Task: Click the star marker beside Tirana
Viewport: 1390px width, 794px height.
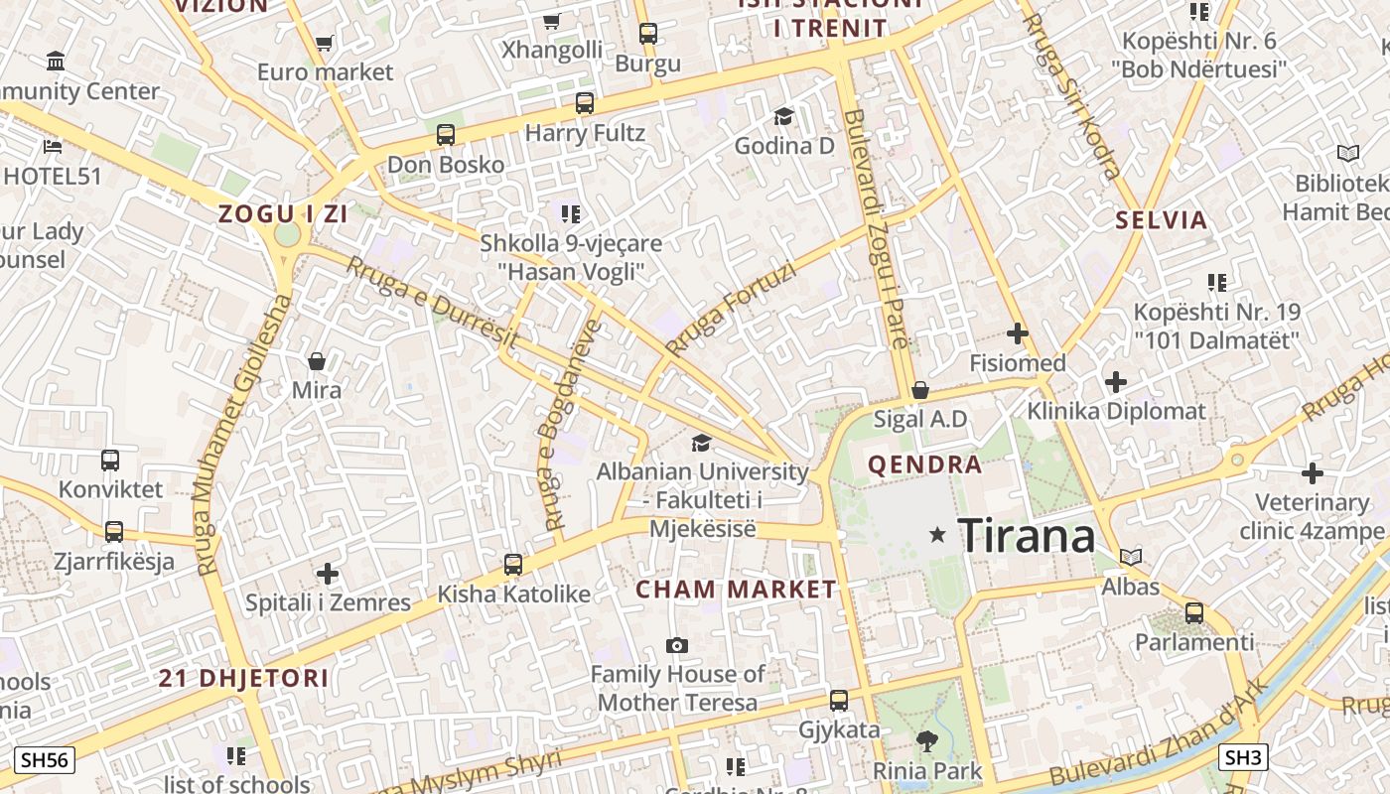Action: point(936,535)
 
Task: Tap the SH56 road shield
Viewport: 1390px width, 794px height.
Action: point(45,761)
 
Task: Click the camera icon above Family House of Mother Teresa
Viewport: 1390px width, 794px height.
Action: point(677,646)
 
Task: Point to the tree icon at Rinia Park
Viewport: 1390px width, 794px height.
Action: point(927,740)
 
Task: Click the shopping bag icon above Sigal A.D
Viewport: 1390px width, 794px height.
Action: point(920,390)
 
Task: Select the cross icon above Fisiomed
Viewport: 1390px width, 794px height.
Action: point(1018,333)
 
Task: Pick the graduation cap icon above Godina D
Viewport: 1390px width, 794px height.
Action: point(783,117)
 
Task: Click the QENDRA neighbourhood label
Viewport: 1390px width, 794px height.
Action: point(924,464)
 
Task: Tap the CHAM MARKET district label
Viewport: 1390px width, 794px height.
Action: point(736,590)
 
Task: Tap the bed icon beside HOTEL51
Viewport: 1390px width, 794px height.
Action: point(53,147)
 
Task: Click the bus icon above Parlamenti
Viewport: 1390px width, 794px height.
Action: point(1194,613)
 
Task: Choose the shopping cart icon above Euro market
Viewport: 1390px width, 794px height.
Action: point(324,43)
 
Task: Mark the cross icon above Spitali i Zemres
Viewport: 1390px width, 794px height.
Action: point(328,574)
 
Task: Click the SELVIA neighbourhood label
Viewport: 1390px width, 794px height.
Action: point(1161,220)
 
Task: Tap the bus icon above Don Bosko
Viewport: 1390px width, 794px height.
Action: point(446,135)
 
